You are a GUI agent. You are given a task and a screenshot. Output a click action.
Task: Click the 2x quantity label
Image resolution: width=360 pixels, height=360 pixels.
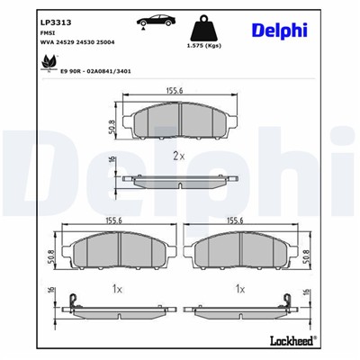coord(177,155)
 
